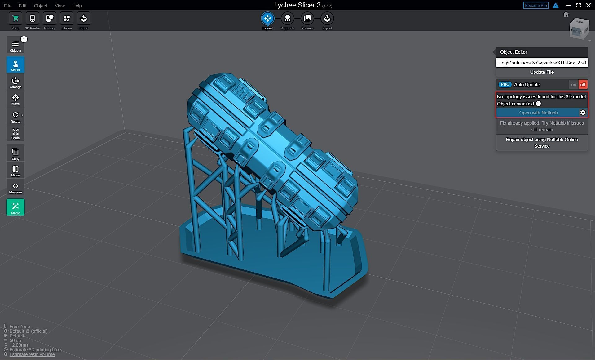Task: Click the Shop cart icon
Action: tap(15, 19)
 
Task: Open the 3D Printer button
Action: tap(32, 19)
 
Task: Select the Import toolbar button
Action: tap(83, 19)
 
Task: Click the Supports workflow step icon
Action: tap(287, 19)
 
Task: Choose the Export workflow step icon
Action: tap(327, 19)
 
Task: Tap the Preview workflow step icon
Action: tap(307, 19)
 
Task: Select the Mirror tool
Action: tap(15, 170)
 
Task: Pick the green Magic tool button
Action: tap(15, 207)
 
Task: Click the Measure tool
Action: tap(15, 187)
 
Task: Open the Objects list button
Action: tap(15, 45)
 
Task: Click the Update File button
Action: tap(542, 72)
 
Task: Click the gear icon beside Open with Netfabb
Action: tap(583, 113)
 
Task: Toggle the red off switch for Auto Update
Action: tap(583, 85)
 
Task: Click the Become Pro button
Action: tap(535, 6)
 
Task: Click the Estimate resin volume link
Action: tap(32, 354)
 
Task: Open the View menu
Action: tap(59, 6)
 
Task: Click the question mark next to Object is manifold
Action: tap(538, 104)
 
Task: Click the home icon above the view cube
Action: tap(566, 15)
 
